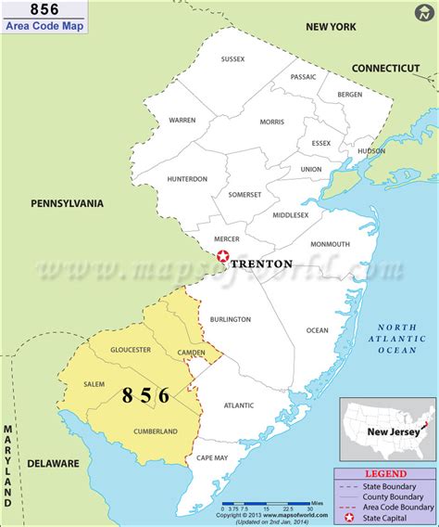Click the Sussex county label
[x=232, y=59]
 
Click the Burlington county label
[x=231, y=319]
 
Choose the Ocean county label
[x=317, y=330]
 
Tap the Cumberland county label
[x=156, y=431]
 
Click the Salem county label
[x=94, y=383]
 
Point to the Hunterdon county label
[x=187, y=179]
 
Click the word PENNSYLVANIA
[x=67, y=203]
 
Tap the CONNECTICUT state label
[x=385, y=68]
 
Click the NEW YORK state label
[x=332, y=28]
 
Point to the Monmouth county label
[x=330, y=244]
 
